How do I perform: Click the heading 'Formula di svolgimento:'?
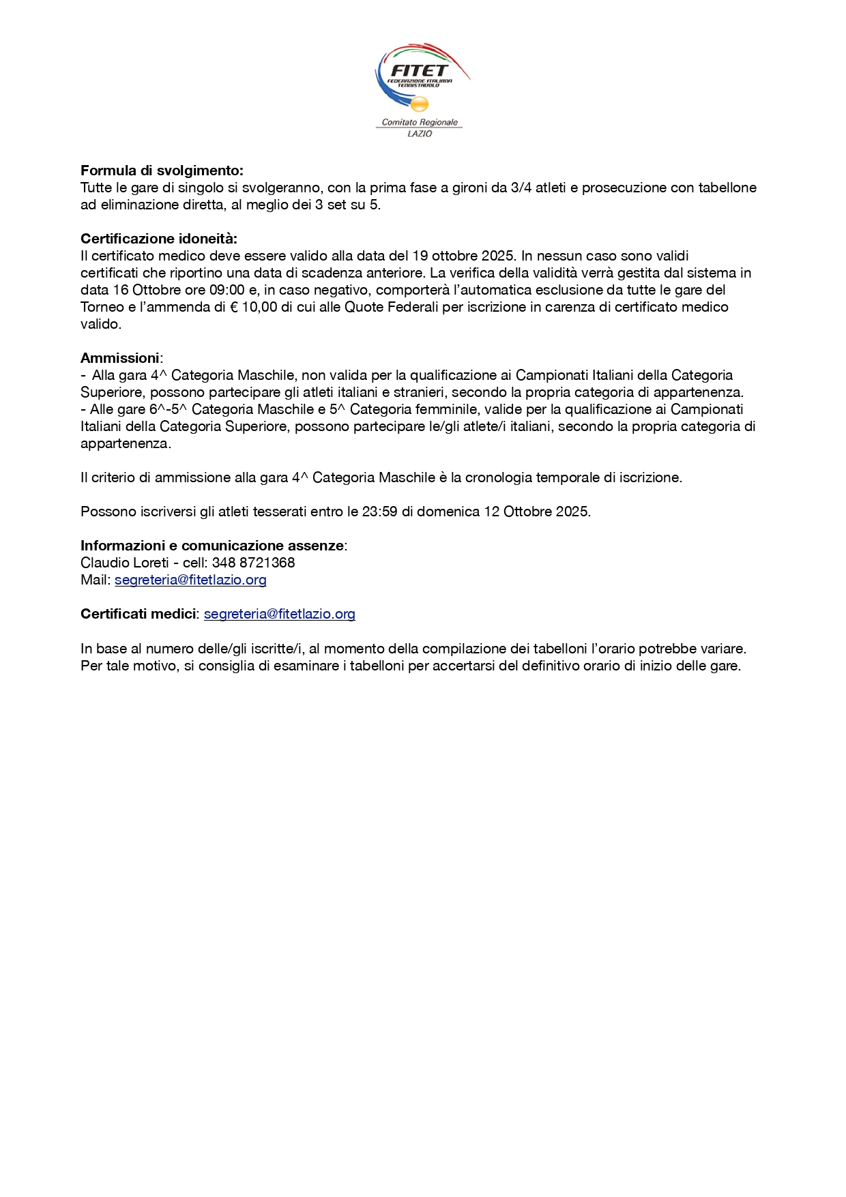162,171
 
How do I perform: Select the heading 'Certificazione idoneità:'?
159,239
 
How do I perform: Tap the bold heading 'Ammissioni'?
119,358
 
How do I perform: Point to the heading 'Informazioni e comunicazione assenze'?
212,546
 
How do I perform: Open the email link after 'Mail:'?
190,580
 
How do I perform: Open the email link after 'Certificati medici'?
280,614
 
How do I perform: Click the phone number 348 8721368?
253,563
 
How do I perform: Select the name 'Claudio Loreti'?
125,563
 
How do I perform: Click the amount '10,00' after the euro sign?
259,307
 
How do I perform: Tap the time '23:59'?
379,512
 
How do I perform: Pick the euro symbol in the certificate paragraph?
233,307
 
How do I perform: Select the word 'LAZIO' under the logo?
420,134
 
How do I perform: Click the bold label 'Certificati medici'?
138,614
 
